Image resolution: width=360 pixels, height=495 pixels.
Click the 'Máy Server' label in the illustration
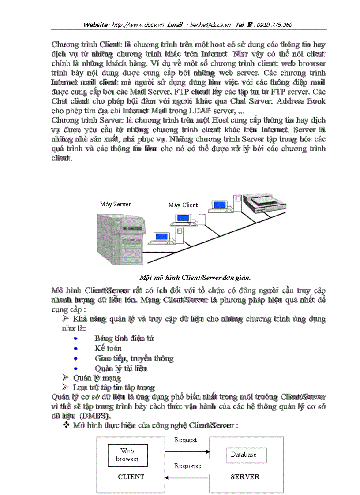click(x=115, y=204)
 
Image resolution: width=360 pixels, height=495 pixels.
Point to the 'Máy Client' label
click(x=183, y=205)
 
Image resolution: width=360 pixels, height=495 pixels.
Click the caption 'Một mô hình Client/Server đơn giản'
click(x=195, y=278)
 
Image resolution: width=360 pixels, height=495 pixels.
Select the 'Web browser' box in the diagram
click(x=127, y=455)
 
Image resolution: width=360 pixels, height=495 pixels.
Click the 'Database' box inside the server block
click(x=244, y=454)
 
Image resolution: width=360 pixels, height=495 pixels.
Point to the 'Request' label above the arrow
click(x=186, y=440)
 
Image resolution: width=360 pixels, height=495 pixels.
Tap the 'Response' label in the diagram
click(x=187, y=466)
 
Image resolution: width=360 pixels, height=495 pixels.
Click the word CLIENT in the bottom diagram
click(x=131, y=476)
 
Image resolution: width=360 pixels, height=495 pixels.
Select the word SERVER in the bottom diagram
click(x=245, y=476)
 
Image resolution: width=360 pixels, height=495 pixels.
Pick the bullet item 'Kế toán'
click(x=108, y=349)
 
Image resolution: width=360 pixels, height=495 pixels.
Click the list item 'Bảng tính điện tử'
click(x=124, y=339)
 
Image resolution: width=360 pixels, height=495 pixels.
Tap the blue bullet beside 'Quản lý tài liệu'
click(x=76, y=368)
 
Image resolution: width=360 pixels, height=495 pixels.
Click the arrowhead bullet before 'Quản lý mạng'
click(x=65, y=377)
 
